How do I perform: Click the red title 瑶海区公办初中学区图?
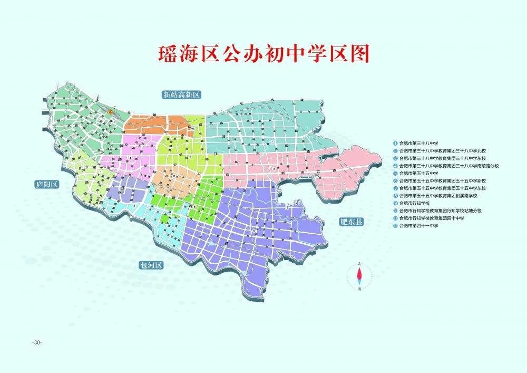coord(263,54)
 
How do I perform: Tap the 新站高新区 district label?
coord(182,95)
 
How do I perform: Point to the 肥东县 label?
coord(352,222)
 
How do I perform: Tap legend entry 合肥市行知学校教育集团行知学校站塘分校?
coord(441,211)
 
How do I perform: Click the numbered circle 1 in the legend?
coord(395,143)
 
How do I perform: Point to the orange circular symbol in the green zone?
coord(111,112)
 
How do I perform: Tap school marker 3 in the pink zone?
coord(273,168)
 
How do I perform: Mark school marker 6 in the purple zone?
coord(254,231)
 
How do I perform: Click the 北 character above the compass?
coord(359,263)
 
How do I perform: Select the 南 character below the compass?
coord(359,289)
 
